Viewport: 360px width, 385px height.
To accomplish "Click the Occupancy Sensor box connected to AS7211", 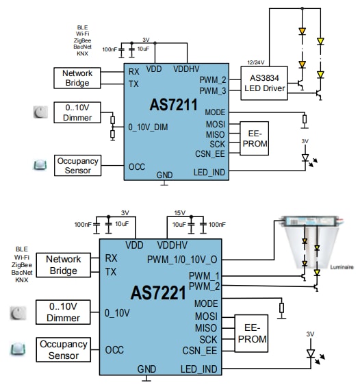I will pyautogui.click(x=77, y=166).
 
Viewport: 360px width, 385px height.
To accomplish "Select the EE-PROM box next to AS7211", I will pyautogui.click(x=253, y=138).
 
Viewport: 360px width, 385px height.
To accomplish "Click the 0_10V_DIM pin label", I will pyautogui.click(x=149, y=127).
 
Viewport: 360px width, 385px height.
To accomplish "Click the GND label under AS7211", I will pyautogui.click(x=164, y=175).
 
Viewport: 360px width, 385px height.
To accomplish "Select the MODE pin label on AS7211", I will pyautogui.click(x=214, y=112).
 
